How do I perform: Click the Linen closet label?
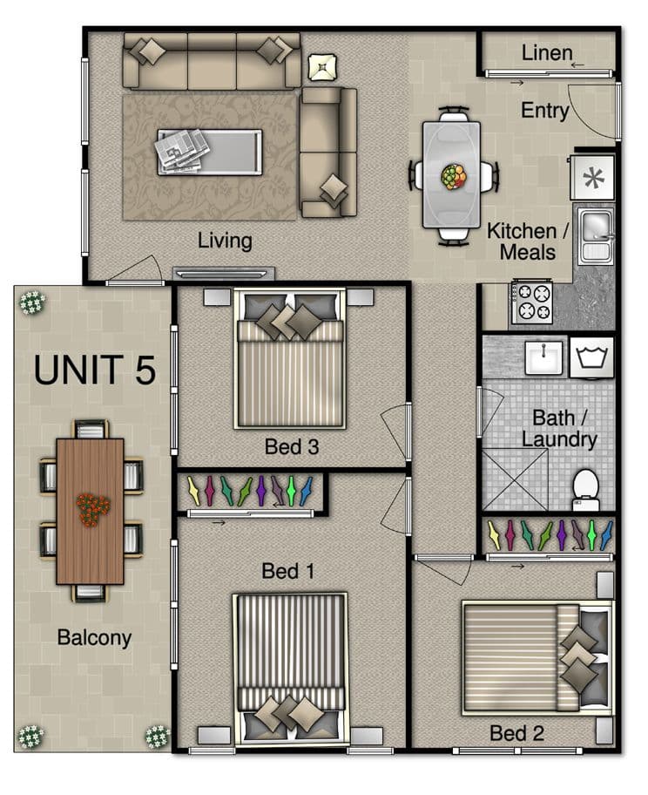pos(547,52)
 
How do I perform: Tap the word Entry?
pos(545,111)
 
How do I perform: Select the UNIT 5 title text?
pos(95,370)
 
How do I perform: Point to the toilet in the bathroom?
pos(585,489)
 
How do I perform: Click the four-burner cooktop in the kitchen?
pos(531,302)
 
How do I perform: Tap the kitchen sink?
pos(596,237)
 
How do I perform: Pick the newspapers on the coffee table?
pos(181,150)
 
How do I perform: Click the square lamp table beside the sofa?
pos(322,66)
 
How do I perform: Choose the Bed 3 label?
pos(292,446)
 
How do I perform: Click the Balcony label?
pos(94,638)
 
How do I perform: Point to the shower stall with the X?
pos(515,479)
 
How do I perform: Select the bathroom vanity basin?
pos(543,357)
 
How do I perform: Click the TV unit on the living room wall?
pos(224,274)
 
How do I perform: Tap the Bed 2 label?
pos(516,733)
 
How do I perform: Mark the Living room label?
pos(225,241)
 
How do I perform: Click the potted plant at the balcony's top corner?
pos(32,302)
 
